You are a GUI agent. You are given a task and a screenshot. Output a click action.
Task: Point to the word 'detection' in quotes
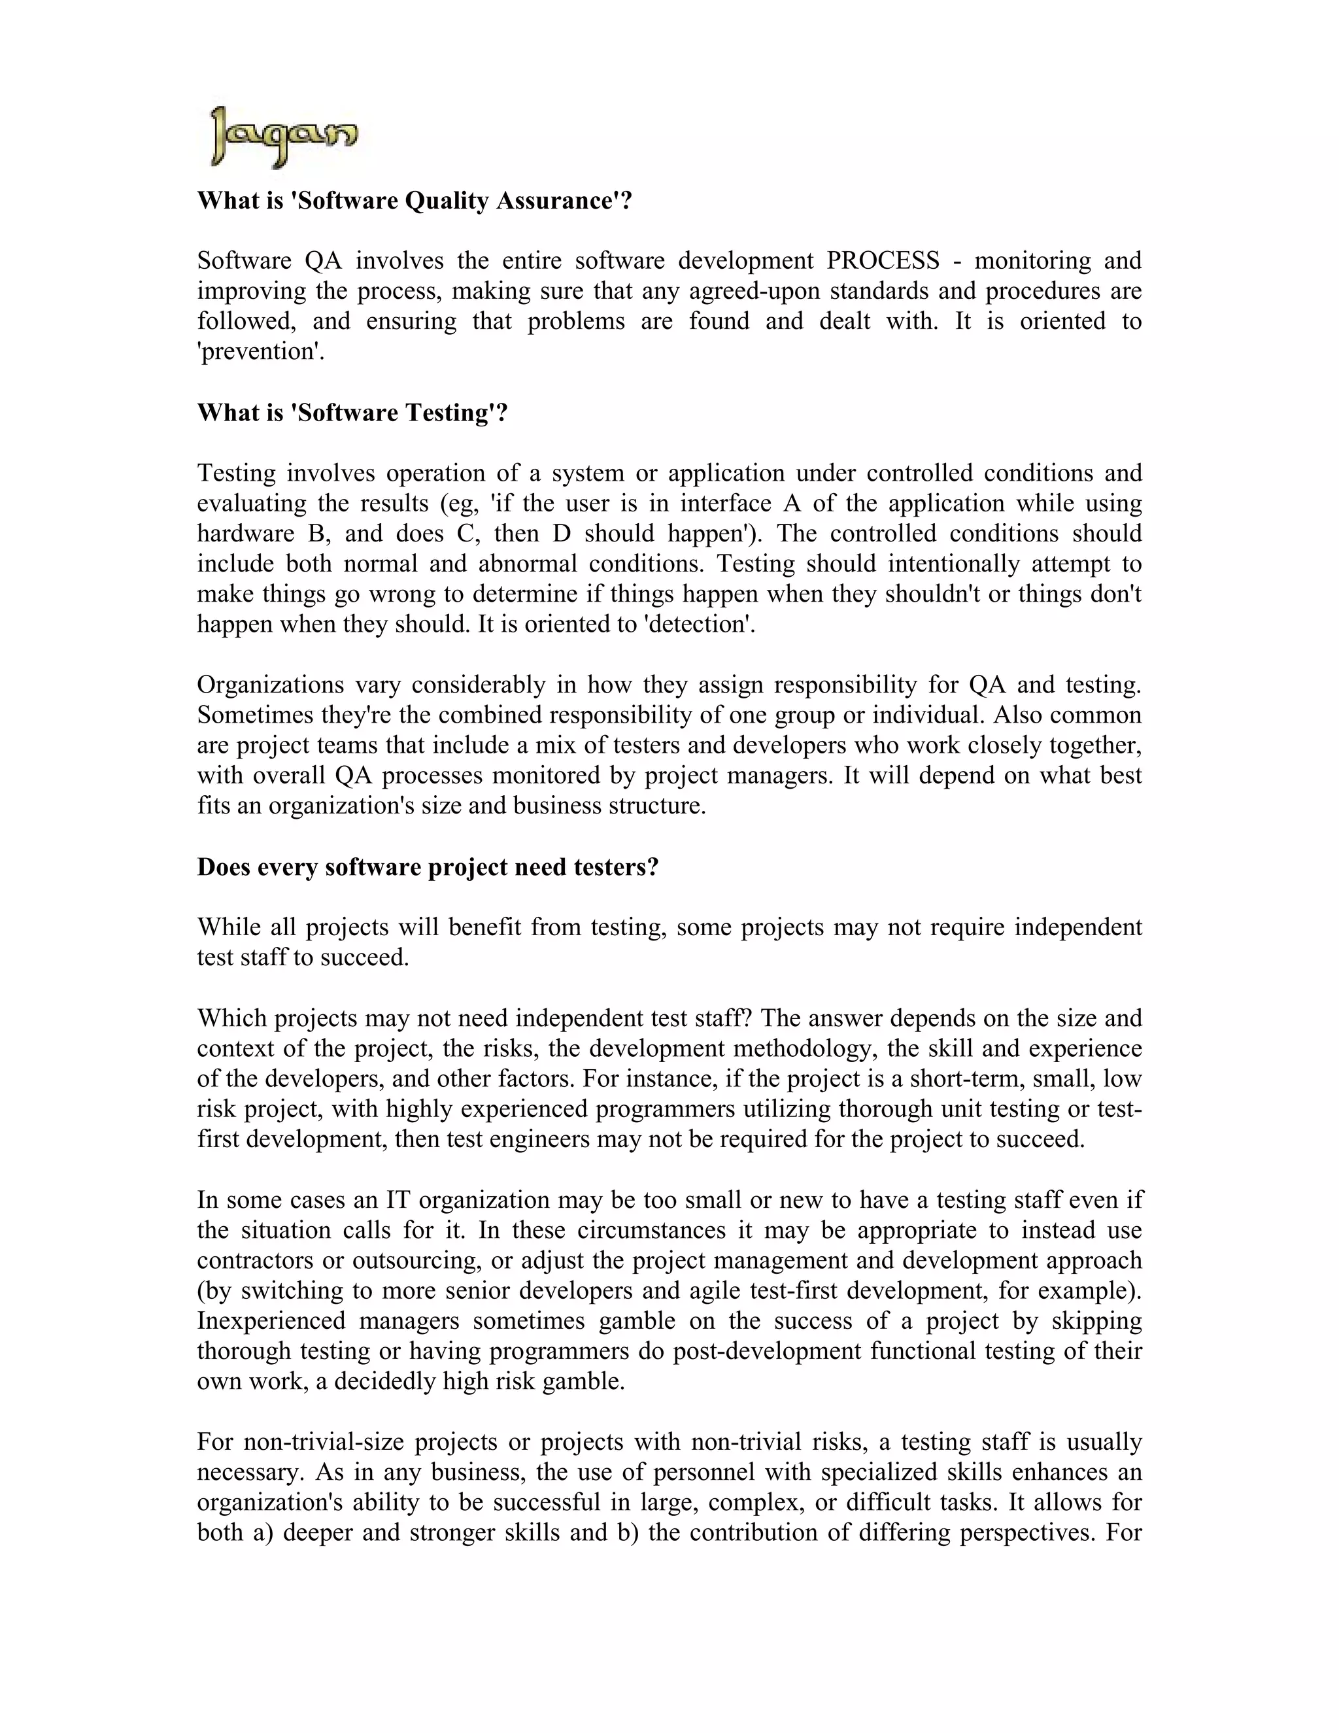pyautogui.click(x=699, y=624)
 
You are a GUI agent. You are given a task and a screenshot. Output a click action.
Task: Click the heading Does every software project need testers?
pyautogui.click(x=428, y=866)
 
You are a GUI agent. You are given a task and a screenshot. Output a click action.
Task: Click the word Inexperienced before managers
pyautogui.click(x=271, y=1320)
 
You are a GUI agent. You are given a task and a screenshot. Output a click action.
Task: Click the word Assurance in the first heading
pyautogui.click(x=564, y=201)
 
